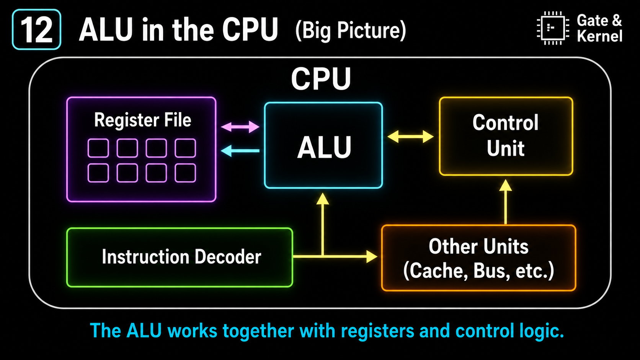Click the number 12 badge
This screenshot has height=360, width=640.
[37, 29]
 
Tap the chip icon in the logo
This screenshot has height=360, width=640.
[553, 28]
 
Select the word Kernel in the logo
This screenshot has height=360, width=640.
[599, 36]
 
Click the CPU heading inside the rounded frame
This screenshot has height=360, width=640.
[321, 78]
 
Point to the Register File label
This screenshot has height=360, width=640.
[142, 120]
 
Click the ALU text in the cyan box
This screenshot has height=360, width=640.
[324, 147]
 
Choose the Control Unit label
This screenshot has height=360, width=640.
[506, 135]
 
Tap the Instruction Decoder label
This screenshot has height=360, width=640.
[181, 257]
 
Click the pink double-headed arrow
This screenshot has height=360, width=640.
[240, 127]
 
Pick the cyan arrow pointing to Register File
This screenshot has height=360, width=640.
[240, 151]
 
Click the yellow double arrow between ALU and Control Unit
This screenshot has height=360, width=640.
[411, 137]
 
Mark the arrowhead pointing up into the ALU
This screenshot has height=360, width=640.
[323, 199]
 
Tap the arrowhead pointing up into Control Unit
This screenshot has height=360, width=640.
[505, 185]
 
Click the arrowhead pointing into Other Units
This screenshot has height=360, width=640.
[372, 257]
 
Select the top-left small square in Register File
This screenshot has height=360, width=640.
[98, 148]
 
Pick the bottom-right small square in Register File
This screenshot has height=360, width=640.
[185, 173]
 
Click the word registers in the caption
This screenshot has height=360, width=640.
[377, 331]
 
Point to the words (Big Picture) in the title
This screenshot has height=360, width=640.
[351, 30]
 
